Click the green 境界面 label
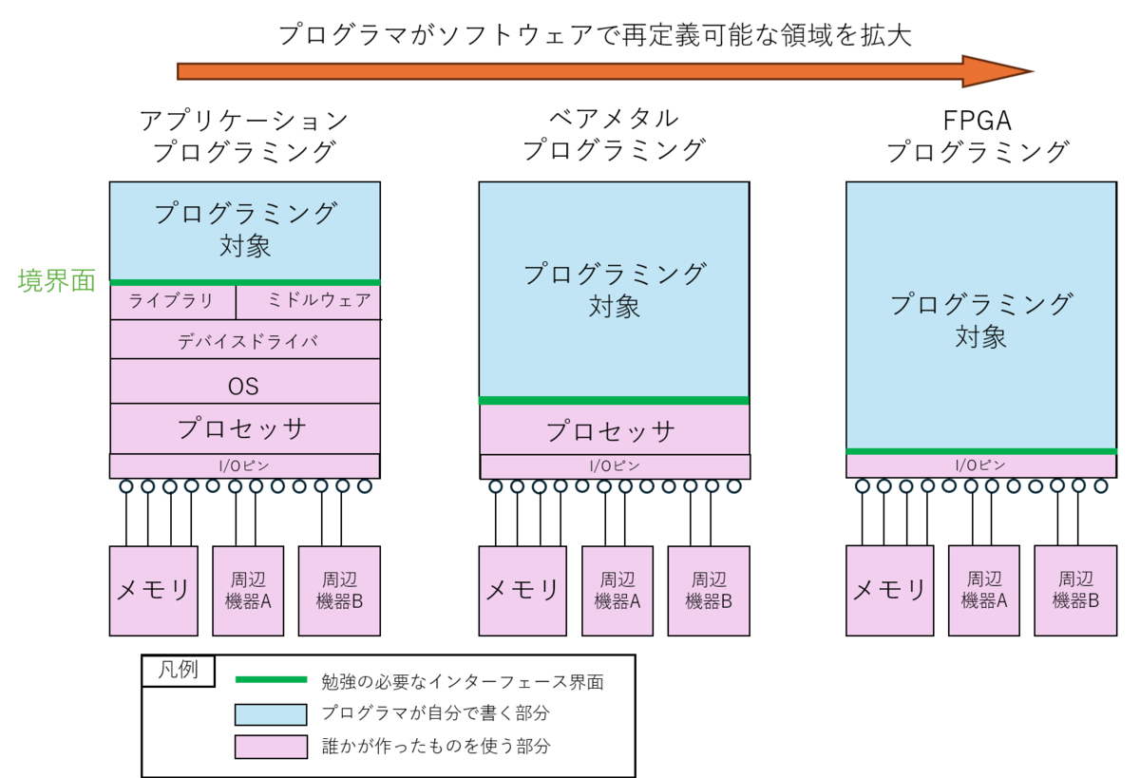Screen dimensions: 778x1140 tap(57, 281)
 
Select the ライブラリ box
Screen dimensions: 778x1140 tap(172, 302)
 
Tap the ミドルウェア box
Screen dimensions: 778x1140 tap(309, 302)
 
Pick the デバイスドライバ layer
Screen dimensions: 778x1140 tap(245, 340)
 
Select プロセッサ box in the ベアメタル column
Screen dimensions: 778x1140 tap(614, 430)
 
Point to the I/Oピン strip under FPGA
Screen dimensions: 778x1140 tap(981, 465)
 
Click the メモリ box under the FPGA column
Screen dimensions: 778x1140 tap(889, 590)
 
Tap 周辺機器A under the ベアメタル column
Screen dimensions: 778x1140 tap(617, 590)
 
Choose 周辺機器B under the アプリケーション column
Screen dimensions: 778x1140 tap(339, 590)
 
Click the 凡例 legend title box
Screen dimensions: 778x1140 tap(178, 669)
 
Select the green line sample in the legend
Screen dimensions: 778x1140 tap(271, 679)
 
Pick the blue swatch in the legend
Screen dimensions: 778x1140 tap(271, 713)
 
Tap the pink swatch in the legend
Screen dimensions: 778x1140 tap(271, 747)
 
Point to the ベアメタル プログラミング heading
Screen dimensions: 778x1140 tap(614, 136)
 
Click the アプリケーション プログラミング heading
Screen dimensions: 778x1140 tap(245, 136)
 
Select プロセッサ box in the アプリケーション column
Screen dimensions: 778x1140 tap(245, 428)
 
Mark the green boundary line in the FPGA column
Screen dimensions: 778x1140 tap(981, 451)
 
